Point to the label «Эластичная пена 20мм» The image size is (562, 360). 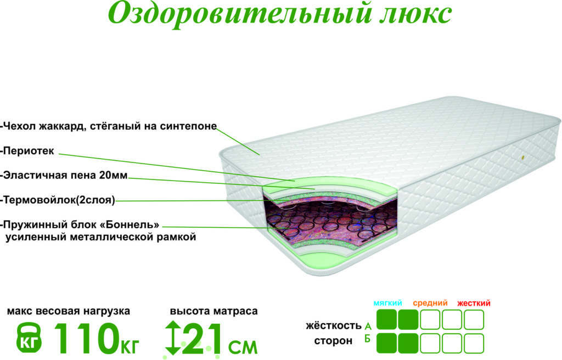pyautogui.click(x=65, y=176)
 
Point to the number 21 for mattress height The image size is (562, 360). pyautogui.click(x=202, y=338)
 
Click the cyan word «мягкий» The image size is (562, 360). pyautogui.click(x=389, y=303)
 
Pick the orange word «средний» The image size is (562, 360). pyautogui.click(x=430, y=303)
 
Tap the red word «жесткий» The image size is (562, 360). pyautogui.click(x=474, y=303)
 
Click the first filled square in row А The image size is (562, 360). pyautogui.click(x=386, y=320)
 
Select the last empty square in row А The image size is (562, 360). pyautogui.click(x=474, y=320)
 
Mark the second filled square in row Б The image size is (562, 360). pyautogui.click(x=408, y=343)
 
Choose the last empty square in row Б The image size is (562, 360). pyautogui.click(x=474, y=343)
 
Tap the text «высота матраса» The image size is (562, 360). pyautogui.click(x=213, y=311)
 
